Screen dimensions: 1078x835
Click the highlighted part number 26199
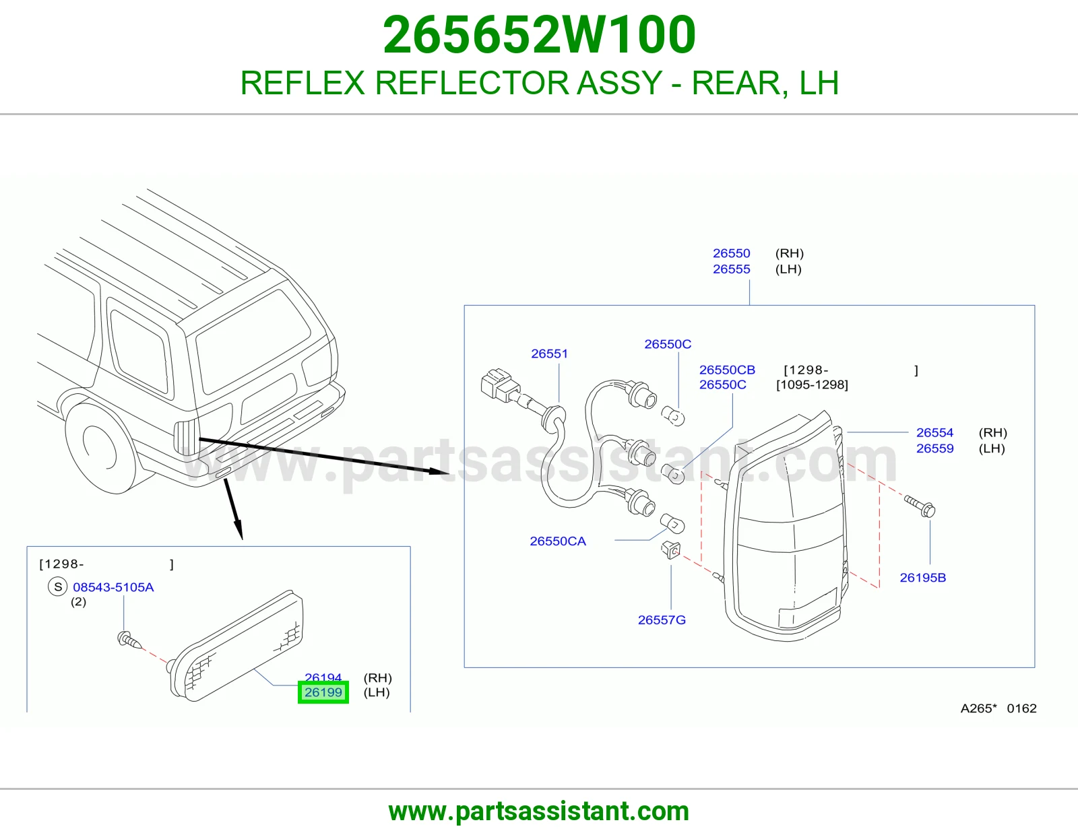[x=323, y=692]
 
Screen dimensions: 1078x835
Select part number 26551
[x=549, y=354]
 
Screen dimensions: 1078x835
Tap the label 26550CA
[x=558, y=541]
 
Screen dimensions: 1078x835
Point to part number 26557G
[x=662, y=620]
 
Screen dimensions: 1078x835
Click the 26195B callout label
[x=923, y=578]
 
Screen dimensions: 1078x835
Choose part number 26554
[x=934, y=432]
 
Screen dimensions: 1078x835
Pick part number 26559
[x=934, y=448]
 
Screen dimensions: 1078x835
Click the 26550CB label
[x=727, y=370]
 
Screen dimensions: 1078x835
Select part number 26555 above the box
[x=731, y=269]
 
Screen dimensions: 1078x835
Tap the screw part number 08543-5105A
[x=113, y=587]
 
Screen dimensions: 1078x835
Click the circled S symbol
[x=57, y=587]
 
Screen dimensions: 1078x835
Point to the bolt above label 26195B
[x=919, y=506]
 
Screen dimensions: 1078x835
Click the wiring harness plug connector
[x=500, y=385]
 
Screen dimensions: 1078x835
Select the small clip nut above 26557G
[x=670, y=549]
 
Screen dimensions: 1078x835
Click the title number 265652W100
[x=539, y=34]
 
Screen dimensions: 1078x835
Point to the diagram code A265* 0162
[x=998, y=708]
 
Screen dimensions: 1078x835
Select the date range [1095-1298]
[x=812, y=385]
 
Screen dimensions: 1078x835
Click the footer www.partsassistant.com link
[x=539, y=811]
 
